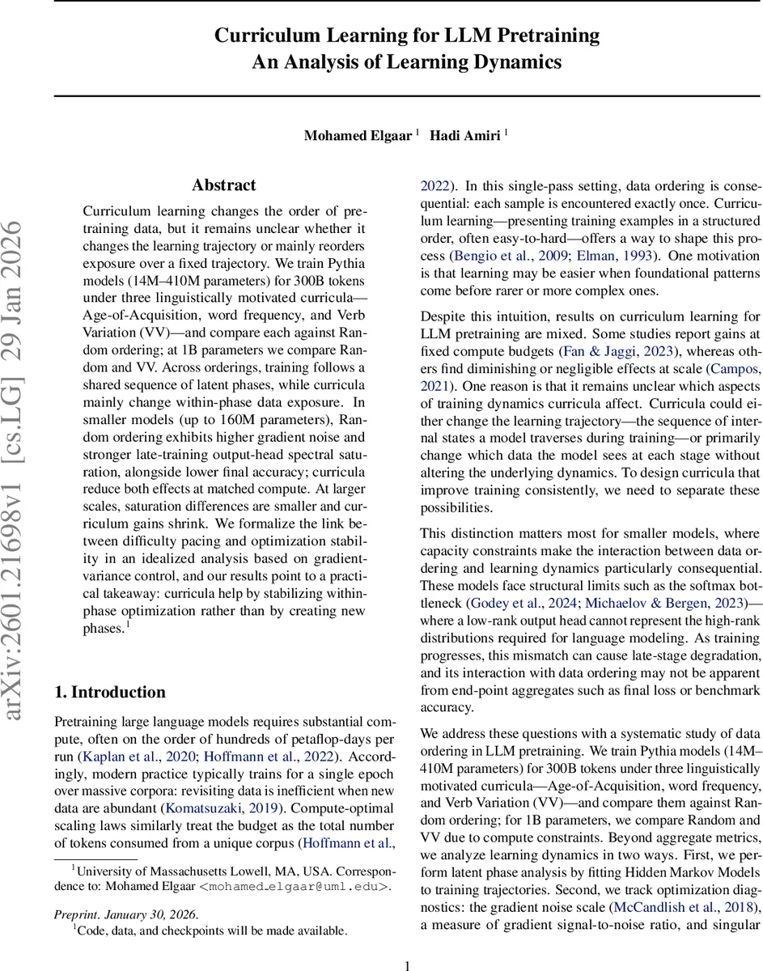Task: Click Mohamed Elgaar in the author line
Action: (358, 136)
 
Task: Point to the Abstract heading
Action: (224, 185)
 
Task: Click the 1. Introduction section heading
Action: (110, 692)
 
